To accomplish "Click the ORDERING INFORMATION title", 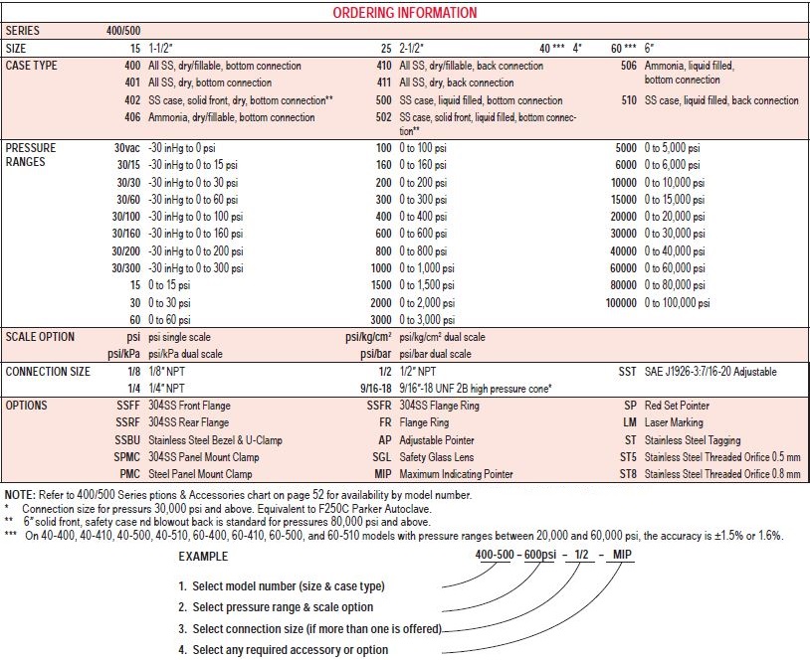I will coord(404,13).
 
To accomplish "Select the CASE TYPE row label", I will coord(32,66).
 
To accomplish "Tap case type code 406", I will coord(131,117).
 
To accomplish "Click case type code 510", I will coord(628,100).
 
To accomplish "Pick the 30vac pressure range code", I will coord(126,148).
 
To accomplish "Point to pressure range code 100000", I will coord(621,301).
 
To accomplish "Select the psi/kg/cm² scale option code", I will coord(361,337).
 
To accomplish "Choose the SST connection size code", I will coord(625,371).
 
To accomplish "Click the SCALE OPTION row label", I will coord(40,337).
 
